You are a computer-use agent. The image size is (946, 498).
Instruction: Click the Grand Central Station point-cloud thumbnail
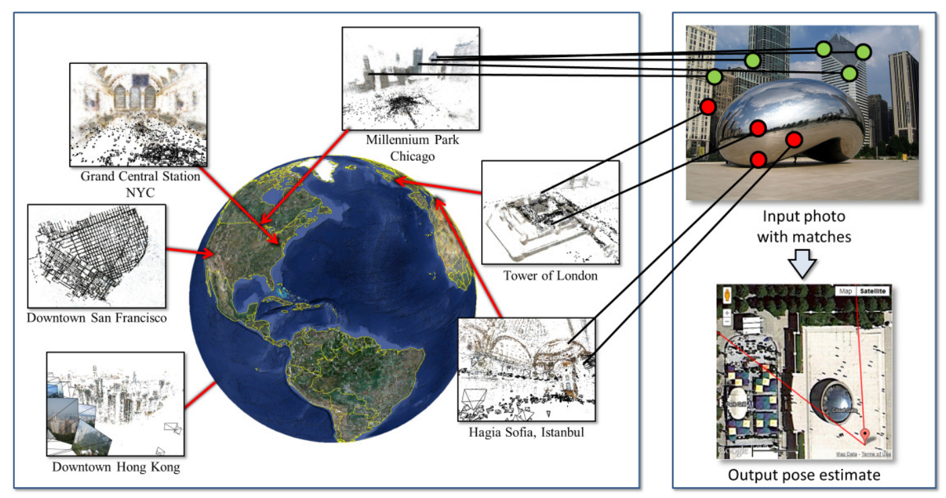tap(138, 114)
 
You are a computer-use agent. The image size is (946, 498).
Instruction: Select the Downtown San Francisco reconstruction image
tap(96, 256)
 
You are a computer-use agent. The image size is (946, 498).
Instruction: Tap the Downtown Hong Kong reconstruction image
tap(115, 403)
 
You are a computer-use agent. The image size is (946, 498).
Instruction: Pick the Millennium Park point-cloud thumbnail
tap(410, 79)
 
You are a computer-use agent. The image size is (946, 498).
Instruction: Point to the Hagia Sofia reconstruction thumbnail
tap(525, 369)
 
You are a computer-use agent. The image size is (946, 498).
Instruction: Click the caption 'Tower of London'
tap(550, 276)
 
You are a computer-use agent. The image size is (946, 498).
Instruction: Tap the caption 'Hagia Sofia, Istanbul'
tap(526, 432)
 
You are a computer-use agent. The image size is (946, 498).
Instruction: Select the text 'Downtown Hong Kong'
tap(116, 466)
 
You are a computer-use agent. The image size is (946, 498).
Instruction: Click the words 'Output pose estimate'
tap(804, 476)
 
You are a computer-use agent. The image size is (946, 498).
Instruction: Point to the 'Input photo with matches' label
tap(804, 227)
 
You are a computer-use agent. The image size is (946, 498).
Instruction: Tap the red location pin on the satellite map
tap(865, 434)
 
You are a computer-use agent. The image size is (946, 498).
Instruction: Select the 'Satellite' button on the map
tap(873, 291)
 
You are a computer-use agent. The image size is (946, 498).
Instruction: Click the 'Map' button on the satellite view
tap(845, 291)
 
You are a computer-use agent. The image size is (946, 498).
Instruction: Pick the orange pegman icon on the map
tap(727, 295)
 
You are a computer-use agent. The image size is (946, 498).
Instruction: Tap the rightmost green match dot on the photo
tap(863, 51)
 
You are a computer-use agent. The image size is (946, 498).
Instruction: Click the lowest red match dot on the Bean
tap(758, 159)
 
